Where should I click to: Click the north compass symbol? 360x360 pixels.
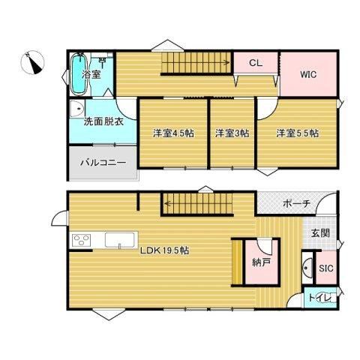click(x=32, y=62)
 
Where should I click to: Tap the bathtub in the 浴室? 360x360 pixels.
click(x=79, y=75)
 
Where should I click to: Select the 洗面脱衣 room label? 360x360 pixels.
click(x=103, y=121)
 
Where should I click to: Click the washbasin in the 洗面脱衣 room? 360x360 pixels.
click(x=76, y=109)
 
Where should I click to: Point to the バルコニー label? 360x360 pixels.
click(x=103, y=163)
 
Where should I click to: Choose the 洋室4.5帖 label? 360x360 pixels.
click(x=173, y=133)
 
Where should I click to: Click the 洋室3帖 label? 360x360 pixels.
click(x=232, y=133)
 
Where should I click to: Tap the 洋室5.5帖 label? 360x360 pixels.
click(x=297, y=133)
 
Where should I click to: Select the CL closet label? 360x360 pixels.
click(x=256, y=63)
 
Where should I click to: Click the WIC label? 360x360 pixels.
click(x=308, y=74)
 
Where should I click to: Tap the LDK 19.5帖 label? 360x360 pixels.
click(x=164, y=250)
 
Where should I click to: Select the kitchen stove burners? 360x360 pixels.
click(x=81, y=240)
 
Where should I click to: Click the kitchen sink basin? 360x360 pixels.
click(x=120, y=240)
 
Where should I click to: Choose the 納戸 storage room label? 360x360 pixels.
click(x=261, y=262)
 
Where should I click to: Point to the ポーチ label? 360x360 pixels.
click(x=297, y=204)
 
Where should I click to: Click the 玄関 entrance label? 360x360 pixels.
click(x=320, y=233)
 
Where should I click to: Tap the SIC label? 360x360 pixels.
click(x=326, y=268)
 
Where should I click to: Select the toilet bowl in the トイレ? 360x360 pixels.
click(x=325, y=298)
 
